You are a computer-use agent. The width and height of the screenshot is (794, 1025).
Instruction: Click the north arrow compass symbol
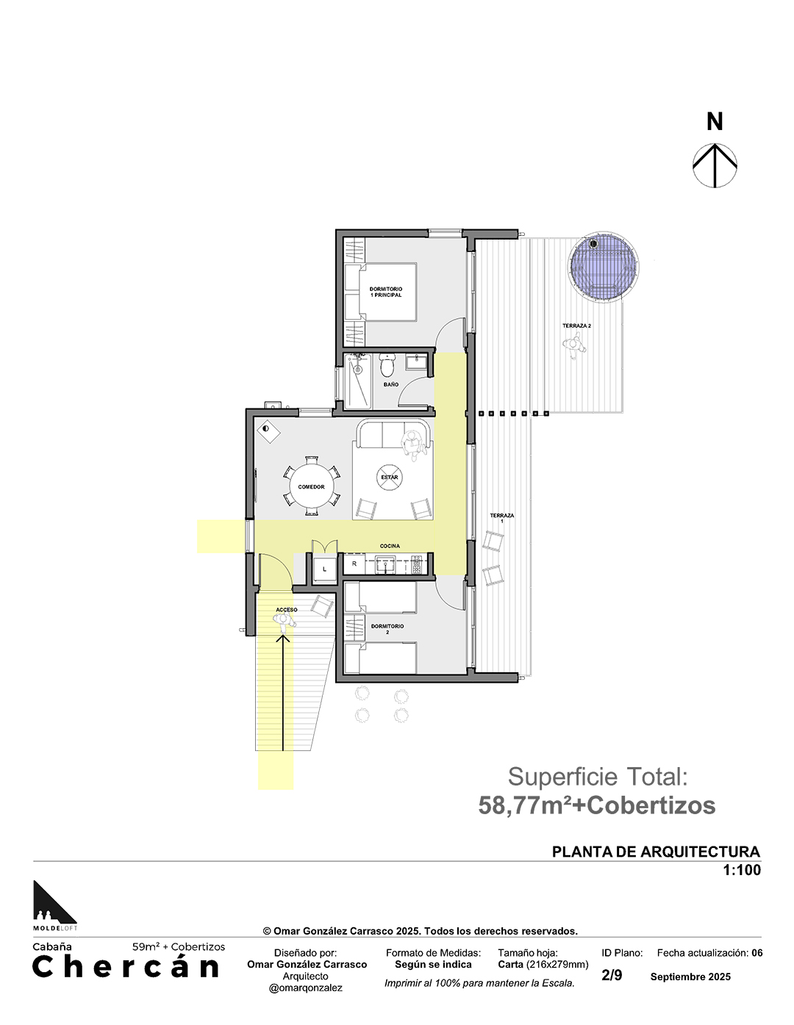(x=715, y=165)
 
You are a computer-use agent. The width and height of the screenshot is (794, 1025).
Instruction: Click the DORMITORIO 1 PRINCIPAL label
(x=385, y=292)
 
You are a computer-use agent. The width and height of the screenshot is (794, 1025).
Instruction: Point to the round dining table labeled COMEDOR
(x=311, y=486)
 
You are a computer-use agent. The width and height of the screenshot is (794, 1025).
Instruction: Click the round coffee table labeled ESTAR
(x=389, y=477)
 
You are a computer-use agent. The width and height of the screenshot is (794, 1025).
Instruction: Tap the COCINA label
(x=390, y=546)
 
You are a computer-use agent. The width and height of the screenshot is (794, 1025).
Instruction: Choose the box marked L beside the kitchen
(x=324, y=569)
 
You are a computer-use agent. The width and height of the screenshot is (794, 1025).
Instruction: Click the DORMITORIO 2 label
(x=387, y=629)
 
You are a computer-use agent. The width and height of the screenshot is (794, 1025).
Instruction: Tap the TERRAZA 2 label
(x=576, y=326)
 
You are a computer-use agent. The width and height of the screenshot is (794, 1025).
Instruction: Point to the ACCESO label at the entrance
(x=287, y=610)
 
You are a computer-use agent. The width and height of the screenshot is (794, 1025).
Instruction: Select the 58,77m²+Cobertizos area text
(x=597, y=805)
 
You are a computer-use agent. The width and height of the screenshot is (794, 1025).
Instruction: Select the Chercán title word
(x=126, y=966)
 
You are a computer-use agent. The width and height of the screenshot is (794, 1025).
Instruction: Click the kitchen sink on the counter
(x=387, y=564)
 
